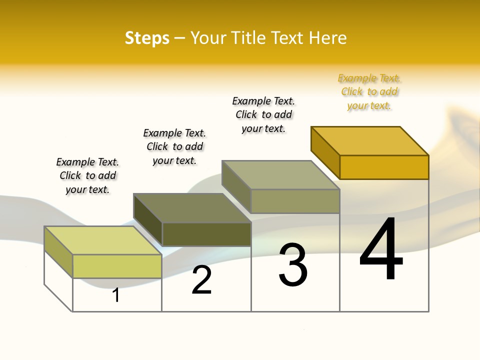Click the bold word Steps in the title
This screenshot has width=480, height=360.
tap(147, 38)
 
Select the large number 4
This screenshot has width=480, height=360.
tap(381, 250)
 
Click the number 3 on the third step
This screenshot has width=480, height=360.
tap(292, 265)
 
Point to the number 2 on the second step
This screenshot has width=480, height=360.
tap(202, 280)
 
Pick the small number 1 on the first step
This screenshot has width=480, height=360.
tap(116, 295)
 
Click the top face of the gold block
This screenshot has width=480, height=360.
tap(370, 141)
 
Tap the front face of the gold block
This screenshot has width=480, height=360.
tap(384, 167)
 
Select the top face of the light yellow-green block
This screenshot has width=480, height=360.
tap(103, 240)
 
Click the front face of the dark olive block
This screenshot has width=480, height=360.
tap(206, 234)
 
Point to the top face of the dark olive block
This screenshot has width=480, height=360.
tap(192, 208)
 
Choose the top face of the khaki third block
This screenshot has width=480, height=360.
tap(281, 175)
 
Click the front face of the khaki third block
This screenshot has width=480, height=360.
tap(295, 201)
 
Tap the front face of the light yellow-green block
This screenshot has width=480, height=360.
tap(117, 266)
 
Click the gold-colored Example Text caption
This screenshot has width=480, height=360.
tap(369, 92)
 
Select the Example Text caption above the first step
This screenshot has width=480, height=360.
tap(87, 175)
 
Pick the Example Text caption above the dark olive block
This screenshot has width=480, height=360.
tap(174, 146)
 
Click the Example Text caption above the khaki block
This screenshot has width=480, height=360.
tap(263, 114)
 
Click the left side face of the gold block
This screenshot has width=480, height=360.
tap(325, 152)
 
